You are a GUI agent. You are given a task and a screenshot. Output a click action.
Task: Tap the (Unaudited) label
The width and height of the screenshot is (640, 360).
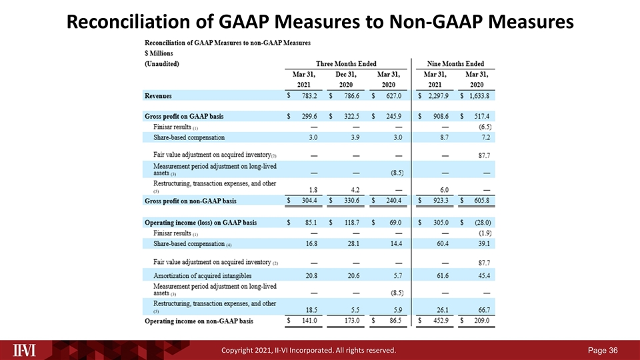click(x=162, y=63)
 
